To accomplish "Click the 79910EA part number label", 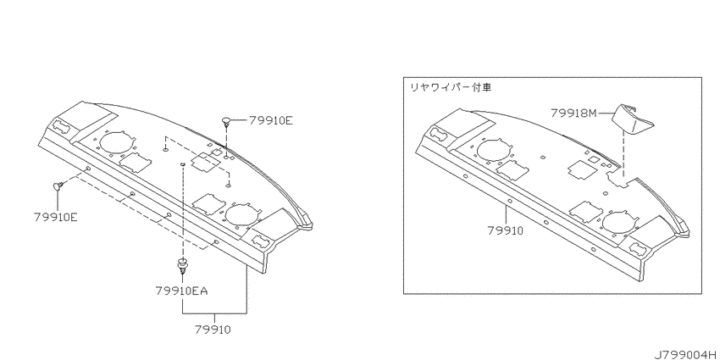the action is click(x=181, y=291).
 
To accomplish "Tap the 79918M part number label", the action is click(x=573, y=113).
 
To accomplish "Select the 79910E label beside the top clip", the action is click(x=271, y=120).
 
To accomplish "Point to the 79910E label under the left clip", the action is click(x=56, y=217).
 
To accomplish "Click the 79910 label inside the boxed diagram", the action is click(x=506, y=231).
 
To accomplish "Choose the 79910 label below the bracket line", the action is click(x=213, y=330).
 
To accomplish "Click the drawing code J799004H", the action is click(x=684, y=353).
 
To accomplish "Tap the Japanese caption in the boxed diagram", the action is click(x=451, y=87).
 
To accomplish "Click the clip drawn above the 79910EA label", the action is click(x=183, y=268).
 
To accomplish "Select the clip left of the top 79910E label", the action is click(x=227, y=121).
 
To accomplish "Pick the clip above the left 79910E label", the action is click(x=58, y=186).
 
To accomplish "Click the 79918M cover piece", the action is click(x=633, y=119).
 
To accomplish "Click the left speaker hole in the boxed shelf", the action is click(x=495, y=149).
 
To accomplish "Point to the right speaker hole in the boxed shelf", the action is click(x=621, y=222).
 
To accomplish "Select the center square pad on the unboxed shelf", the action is click(x=205, y=163).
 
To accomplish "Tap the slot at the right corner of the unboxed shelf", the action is click(x=261, y=240).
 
